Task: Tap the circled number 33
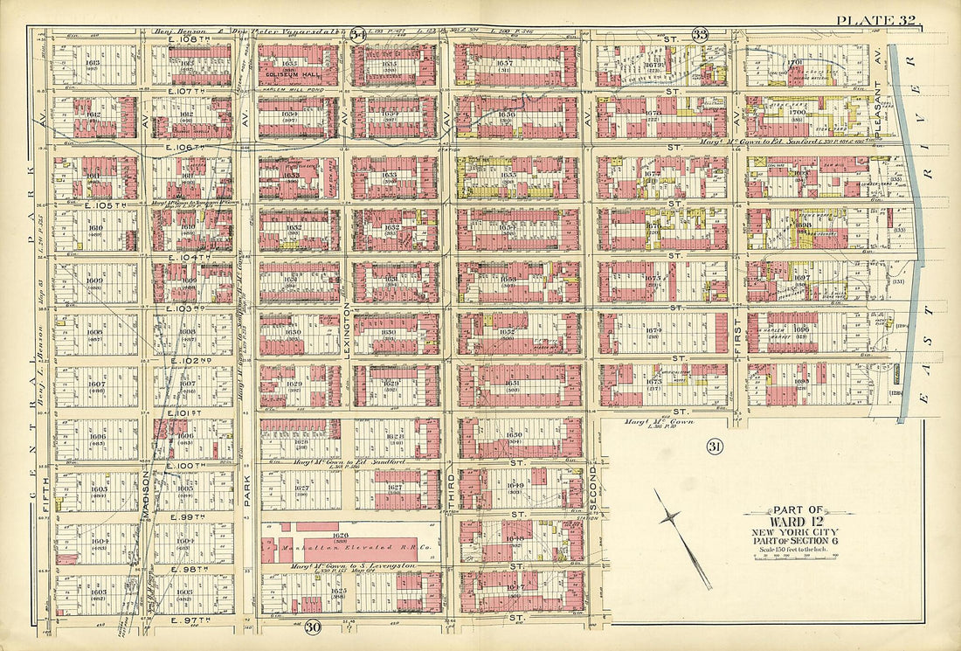(700, 35)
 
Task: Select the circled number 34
(357, 35)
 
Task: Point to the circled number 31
(715, 447)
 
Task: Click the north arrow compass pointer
(682, 537)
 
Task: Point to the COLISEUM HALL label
(297, 73)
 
